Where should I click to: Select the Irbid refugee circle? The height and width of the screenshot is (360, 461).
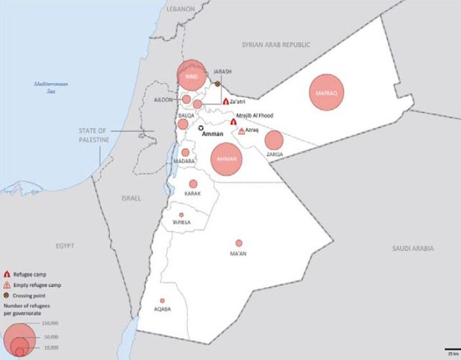[x=191, y=76]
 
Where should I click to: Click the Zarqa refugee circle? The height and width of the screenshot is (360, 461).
[x=274, y=140]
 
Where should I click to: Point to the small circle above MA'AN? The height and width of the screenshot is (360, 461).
[x=239, y=243]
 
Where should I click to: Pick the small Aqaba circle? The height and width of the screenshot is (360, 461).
[x=162, y=300]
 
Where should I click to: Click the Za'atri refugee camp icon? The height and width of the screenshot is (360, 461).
[x=225, y=101]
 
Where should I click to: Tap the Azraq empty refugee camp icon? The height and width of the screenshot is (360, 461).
[x=241, y=131]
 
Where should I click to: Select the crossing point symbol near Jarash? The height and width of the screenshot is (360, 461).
[x=217, y=84]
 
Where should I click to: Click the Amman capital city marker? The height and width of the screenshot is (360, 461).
[x=201, y=128]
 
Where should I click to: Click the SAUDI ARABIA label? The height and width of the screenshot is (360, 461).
[x=412, y=248]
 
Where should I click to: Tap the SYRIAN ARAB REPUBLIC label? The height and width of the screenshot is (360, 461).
[x=276, y=45]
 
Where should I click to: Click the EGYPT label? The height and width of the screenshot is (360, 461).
[x=65, y=246]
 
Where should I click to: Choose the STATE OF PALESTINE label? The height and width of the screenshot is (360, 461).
[x=93, y=135]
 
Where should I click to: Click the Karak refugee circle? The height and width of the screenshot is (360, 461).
[x=193, y=184]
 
